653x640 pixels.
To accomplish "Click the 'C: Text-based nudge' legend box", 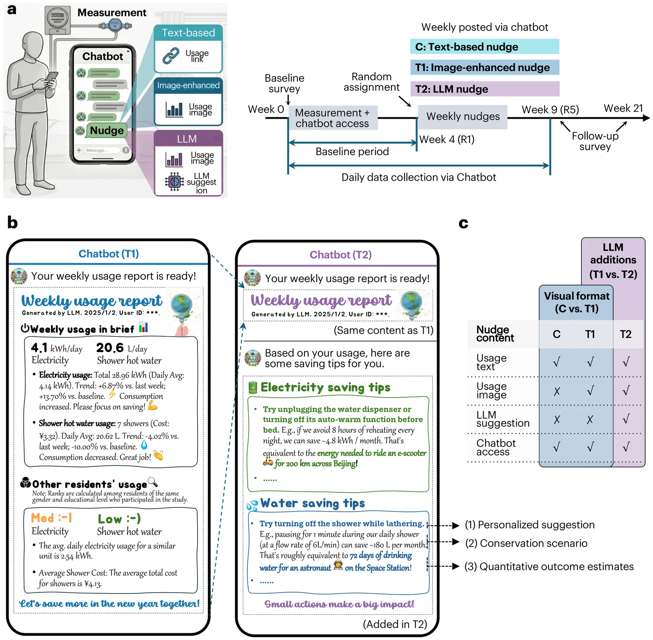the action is point(484,47).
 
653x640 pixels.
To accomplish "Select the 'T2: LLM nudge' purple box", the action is point(484,89).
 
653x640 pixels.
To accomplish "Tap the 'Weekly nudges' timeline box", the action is point(463,117).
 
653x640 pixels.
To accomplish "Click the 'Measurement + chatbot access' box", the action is point(333,118).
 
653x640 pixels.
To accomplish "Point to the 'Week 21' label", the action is point(623,108).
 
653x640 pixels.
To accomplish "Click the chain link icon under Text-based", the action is point(171,56).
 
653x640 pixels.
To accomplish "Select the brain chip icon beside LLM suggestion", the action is point(174,182).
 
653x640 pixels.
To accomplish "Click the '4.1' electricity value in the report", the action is point(40,348).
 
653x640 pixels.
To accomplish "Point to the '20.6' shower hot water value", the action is point(110,348).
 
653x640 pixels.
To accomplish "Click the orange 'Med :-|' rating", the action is point(51,518).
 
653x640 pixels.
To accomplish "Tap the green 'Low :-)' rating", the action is point(119,519).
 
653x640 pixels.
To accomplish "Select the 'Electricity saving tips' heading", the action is point(325,388).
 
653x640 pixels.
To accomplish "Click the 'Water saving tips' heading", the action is point(313,503).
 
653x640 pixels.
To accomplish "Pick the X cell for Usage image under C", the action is point(557,392).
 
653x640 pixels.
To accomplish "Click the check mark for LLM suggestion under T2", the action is point(626,419).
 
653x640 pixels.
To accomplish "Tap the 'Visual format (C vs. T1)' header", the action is point(576,302).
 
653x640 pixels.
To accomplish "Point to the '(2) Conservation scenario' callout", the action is point(526,543).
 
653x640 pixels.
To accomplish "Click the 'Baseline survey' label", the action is point(284,83).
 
